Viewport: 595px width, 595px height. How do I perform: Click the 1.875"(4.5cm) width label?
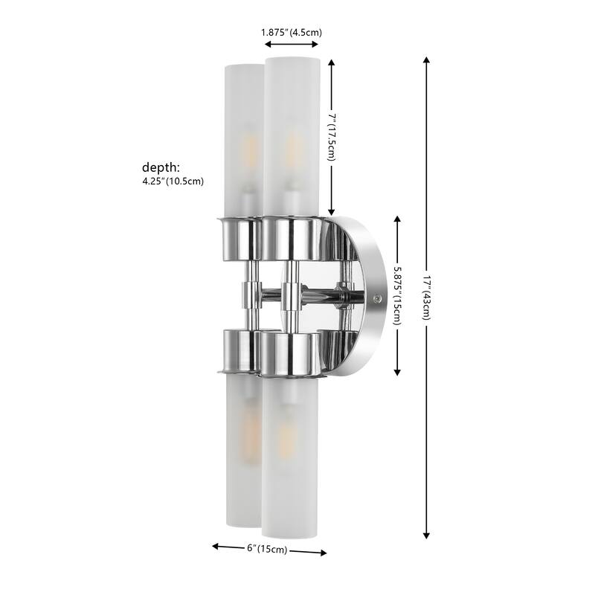pyautogui.click(x=291, y=32)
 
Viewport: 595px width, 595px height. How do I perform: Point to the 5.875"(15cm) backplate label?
pyautogui.click(x=399, y=295)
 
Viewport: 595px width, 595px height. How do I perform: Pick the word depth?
pyautogui.click(x=162, y=167)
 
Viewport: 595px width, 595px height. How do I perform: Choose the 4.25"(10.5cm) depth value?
pyautogui.click(x=173, y=181)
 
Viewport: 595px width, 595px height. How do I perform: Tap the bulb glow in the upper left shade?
pyautogui.click(x=250, y=155)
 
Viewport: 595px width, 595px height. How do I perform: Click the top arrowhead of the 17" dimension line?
pyautogui.click(x=427, y=59)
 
